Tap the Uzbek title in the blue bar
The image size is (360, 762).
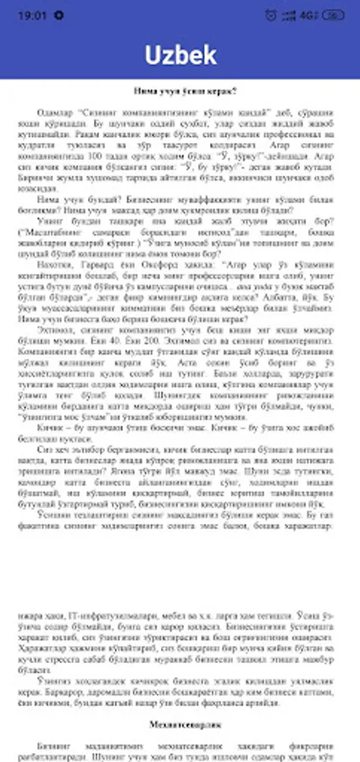click(180, 55)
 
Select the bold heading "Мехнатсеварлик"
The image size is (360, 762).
click(180, 726)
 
